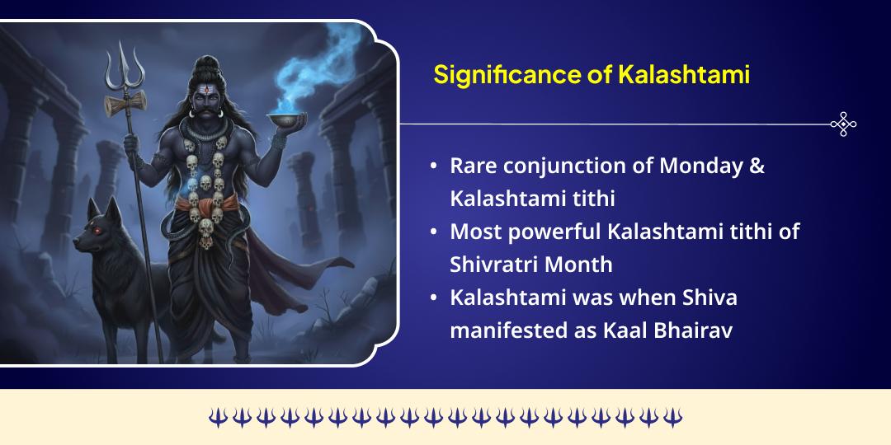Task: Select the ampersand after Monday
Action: [x=757, y=165]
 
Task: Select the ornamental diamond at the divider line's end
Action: [x=843, y=124]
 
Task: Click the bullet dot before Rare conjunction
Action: [x=434, y=166]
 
